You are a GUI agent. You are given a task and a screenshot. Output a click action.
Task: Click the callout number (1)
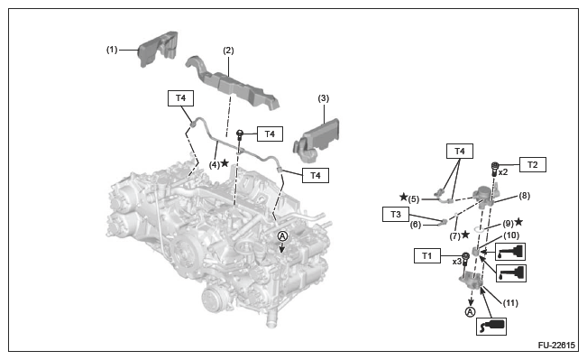coord(112,50)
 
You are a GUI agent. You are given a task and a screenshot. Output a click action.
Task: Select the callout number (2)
coord(228,51)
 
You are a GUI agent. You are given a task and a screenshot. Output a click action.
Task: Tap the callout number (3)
coord(324,98)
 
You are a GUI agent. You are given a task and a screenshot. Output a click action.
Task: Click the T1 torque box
coord(427,256)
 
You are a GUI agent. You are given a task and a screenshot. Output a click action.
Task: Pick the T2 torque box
coord(532,164)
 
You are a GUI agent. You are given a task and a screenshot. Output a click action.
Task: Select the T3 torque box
coord(396,214)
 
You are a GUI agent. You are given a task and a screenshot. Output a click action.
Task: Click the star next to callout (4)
coord(225,163)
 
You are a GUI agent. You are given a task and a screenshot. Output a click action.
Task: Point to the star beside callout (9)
coord(518,222)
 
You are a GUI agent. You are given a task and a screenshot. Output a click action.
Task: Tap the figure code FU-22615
coord(556,345)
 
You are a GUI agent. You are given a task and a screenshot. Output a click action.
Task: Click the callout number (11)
coord(510,302)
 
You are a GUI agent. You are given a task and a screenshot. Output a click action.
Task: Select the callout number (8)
coord(524,196)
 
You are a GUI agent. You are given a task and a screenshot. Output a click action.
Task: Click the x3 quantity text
coord(457,262)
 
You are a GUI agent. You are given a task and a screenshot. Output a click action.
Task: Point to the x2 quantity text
coord(503,172)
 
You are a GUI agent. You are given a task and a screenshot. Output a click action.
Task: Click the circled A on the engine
coord(282,236)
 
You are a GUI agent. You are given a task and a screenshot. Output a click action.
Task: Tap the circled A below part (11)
coord(470,311)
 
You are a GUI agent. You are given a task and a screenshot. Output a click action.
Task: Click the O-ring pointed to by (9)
coord(480,229)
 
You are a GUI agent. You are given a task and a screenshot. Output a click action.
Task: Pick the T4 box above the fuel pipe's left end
coord(180,98)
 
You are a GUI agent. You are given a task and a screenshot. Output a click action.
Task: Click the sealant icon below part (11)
coord(491,327)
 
